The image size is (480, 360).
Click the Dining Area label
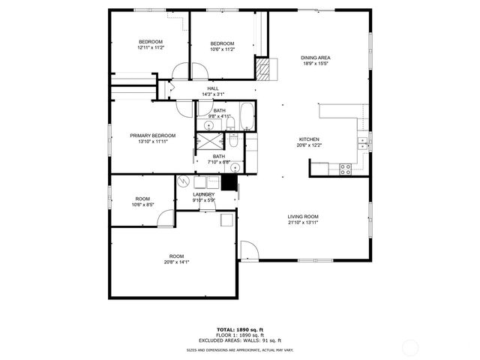[x=316, y=58]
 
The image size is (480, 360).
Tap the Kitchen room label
[x=310, y=139]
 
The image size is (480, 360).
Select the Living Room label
[x=303, y=217]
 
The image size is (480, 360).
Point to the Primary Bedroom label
[x=152, y=136]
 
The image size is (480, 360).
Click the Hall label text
[x=213, y=88]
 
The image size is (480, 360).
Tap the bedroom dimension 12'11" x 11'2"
[x=151, y=47]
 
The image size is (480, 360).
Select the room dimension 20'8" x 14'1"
[x=176, y=262]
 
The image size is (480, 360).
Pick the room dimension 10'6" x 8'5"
[x=142, y=204]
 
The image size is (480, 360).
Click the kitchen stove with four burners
[x=346, y=169]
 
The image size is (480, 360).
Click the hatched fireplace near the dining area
[x=262, y=70]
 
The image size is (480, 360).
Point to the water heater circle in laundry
[x=184, y=181]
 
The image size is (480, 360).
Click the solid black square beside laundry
[x=229, y=183]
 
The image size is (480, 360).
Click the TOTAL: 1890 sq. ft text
[x=239, y=329]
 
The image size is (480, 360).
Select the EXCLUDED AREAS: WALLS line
[x=239, y=340]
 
